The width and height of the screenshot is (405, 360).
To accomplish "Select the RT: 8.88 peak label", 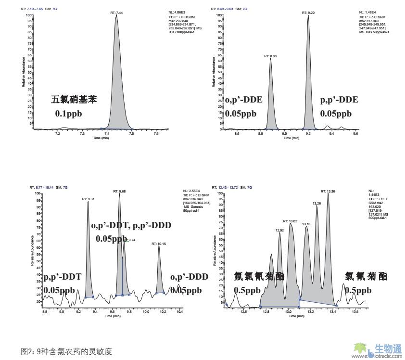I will (x=270, y=56).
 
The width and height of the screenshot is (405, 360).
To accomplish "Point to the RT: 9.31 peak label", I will (x=88, y=199).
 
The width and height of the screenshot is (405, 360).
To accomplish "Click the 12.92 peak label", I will (x=279, y=231).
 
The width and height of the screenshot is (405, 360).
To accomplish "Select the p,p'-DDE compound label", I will (x=339, y=100).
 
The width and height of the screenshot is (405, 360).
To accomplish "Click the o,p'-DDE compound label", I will (x=244, y=100).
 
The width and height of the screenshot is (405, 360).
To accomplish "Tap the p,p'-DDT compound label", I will (x=63, y=277).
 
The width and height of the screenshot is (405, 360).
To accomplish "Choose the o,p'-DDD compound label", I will (x=189, y=277).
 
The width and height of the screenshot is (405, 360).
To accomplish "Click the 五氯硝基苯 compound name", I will (x=74, y=100).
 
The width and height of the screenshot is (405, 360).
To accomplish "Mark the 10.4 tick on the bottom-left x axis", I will (x=180, y=312).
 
